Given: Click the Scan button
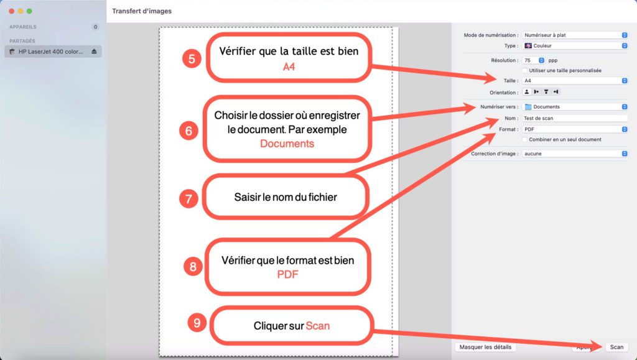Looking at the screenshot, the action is tap(616, 347).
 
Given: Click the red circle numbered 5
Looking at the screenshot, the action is tap(192, 59).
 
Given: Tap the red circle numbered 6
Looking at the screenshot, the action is tap(188, 131).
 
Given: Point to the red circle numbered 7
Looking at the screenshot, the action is tap(188, 198).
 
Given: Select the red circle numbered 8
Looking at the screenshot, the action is tap(193, 266).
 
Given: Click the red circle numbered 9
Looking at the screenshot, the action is tap(197, 323).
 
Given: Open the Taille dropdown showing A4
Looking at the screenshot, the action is tap(575, 81).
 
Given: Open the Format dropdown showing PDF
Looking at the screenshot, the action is tap(575, 129).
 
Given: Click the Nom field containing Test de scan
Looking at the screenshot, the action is tap(575, 118).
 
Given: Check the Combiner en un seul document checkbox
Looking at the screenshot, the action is tap(525, 140).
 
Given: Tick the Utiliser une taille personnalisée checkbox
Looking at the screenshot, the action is tap(525, 71).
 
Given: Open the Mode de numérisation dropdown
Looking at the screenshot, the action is tap(575, 35).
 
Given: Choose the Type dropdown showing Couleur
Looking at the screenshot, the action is tap(575, 46).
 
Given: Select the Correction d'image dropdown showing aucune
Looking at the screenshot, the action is tap(575, 154).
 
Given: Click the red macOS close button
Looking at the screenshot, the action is tap(11, 11).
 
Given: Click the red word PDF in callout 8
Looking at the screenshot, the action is tap(287, 274).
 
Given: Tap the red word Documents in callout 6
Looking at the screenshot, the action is tap(287, 144).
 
